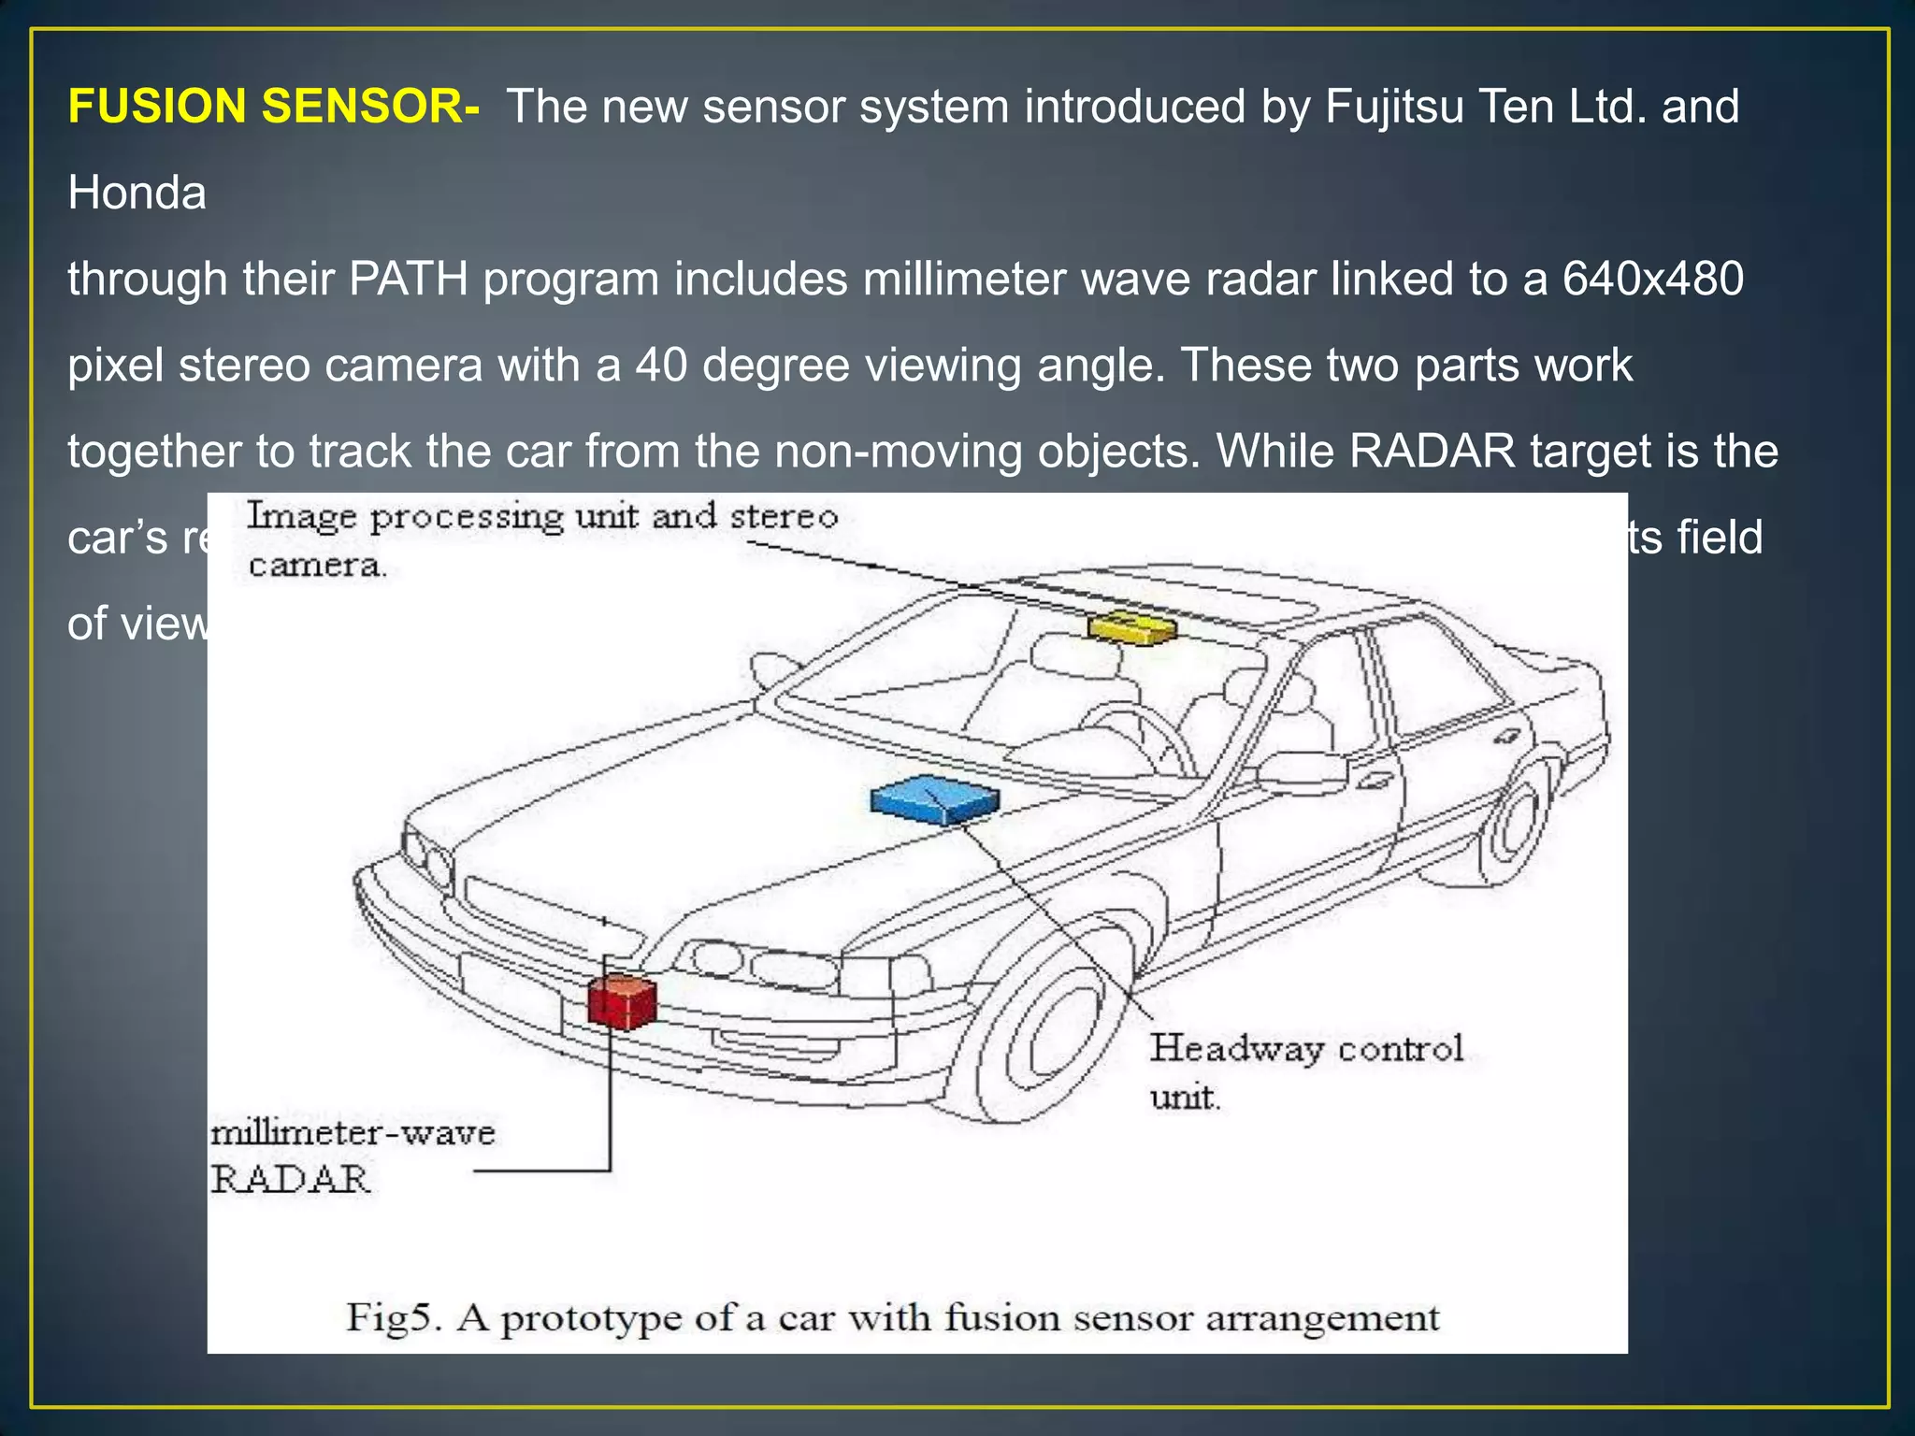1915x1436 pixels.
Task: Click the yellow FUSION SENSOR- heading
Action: [x=273, y=107]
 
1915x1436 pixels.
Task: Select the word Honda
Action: [x=137, y=194]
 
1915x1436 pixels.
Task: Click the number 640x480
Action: [x=1652, y=280]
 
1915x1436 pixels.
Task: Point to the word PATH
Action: [x=409, y=280]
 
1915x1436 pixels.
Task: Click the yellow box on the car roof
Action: [x=1132, y=625]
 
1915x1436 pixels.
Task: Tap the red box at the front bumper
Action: [x=621, y=1001]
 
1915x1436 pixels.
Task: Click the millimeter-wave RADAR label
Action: [x=351, y=1156]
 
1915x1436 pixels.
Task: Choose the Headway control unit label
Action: [x=1305, y=1070]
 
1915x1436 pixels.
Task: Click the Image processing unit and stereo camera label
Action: [x=541, y=538]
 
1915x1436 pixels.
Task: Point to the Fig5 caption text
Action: [x=893, y=1318]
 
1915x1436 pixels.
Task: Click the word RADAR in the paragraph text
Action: [x=1432, y=452]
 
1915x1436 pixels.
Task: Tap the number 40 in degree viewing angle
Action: [x=661, y=366]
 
